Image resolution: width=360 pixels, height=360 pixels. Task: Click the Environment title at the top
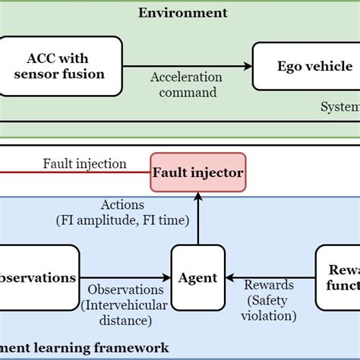pyautogui.click(x=182, y=12)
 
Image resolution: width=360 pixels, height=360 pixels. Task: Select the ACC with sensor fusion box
pyautogui.click(x=62, y=66)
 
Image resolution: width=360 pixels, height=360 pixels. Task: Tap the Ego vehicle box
pyautogui.click(x=305, y=66)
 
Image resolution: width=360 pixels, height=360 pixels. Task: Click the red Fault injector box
pyautogui.click(x=197, y=172)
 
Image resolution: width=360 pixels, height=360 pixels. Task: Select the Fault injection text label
pyautogui.click(x=84, y=163)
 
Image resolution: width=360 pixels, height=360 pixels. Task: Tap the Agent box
pyautogui.click(x=198, y=277)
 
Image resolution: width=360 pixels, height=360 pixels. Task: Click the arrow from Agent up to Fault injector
pyautogui.click(x=198, y=220)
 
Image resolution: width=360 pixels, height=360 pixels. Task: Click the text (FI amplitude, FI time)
pyautogui.click(x=122, y=221)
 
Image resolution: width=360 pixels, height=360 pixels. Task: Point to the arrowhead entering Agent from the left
pyautogui.click(x=167, y=277)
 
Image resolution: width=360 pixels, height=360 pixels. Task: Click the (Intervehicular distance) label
pyautogui.click(x=126, y=312)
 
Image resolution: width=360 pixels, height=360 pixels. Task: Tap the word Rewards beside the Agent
pyautogui.click(x=270, y=285)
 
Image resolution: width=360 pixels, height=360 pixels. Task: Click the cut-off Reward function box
pyautogui.click(x=339, y=277)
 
